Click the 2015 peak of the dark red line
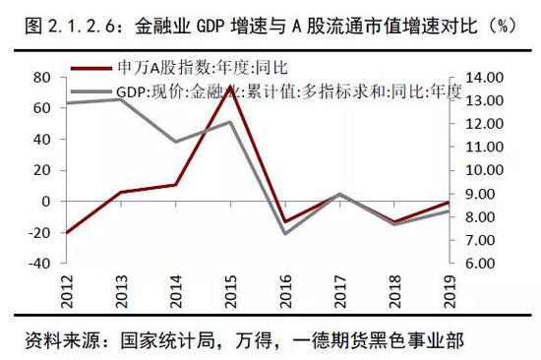click(229, 86)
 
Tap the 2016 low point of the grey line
click(285, 233)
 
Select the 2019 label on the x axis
click(449, 291)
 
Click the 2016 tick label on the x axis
click(284, 291)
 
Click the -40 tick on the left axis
click(39, 264)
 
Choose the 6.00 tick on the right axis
click(476, 264)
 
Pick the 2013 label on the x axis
click(120, 291)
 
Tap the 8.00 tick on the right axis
click(476, 217)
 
